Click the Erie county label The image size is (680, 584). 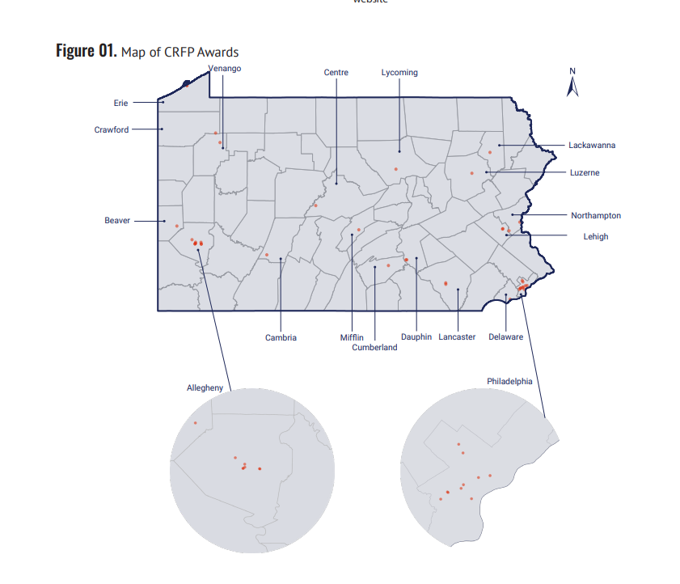(x=121, y=103)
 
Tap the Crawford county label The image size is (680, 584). (x=112, y=129)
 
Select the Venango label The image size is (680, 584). (x=225, y=68)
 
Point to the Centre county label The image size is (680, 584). (x=336, y=73)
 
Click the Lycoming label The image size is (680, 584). (x=399, y=73)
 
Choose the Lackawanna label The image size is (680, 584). (x=592, y=146)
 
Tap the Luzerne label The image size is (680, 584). (x=585, y=173)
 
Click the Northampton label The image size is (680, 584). (x=596, y=216)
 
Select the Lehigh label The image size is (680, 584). (x=596, y=237)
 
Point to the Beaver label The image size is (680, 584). (x=117, y=220)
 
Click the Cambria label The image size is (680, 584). (x=281, y=337)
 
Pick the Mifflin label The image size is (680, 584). (x=352, y=337)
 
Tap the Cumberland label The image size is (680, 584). (x=375, y=348)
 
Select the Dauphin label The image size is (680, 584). (x=416, y=337)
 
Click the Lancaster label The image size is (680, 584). (x=458, y=337)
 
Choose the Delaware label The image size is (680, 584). (x=506, y=337)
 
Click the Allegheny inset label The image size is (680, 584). (x=205, y=388)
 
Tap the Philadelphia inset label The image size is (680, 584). (x=509, y=381)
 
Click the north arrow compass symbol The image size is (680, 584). (x=572, y=83)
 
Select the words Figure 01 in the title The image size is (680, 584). (x=86, y=52)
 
